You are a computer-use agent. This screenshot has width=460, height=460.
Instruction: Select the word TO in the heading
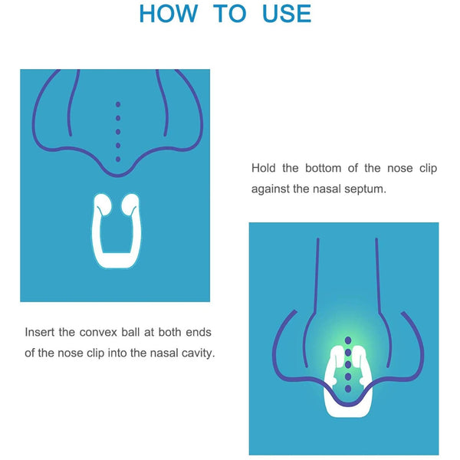point(229,14)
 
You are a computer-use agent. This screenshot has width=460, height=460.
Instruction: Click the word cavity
point(195,353)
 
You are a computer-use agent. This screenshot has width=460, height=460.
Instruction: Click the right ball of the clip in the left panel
point(130,205)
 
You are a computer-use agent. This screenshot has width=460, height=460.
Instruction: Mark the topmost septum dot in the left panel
point(117,103)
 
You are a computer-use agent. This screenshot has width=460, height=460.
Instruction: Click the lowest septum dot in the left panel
point(117,158)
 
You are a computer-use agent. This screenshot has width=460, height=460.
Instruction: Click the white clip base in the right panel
point(348,406)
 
